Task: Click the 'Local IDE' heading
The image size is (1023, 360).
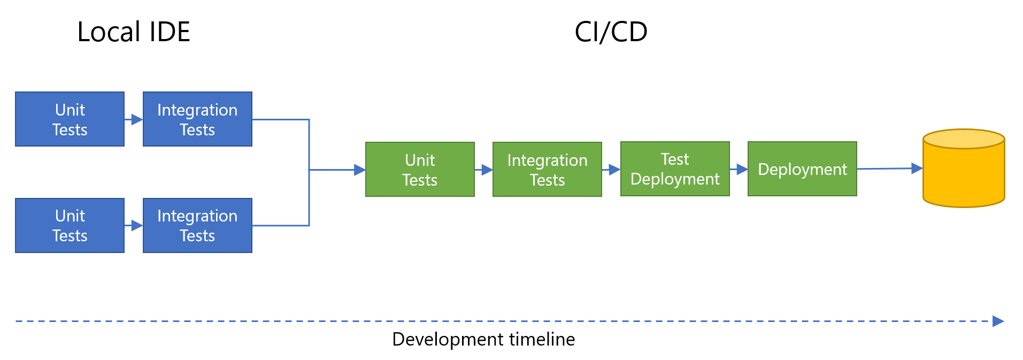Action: click(133, 32)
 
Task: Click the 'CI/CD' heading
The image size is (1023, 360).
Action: click(611, 32)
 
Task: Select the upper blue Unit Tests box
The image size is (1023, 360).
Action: click(70, 119)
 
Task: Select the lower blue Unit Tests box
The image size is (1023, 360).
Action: click(70, 225)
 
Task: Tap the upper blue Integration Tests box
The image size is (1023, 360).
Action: click(197, 119)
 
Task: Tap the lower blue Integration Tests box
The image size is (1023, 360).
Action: click(197, 225)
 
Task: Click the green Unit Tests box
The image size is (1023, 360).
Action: click(420, 170)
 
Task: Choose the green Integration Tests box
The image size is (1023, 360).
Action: click(547, 170)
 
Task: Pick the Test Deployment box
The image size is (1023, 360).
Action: click(675, 169)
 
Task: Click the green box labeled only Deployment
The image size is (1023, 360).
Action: click(802, 169)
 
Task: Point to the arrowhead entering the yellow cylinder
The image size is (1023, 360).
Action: click(917, 168)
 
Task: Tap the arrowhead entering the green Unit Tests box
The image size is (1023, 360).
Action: click(360, 170)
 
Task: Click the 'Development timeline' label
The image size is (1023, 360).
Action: click(483, 339)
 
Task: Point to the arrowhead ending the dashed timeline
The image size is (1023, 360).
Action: click(998, 321)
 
